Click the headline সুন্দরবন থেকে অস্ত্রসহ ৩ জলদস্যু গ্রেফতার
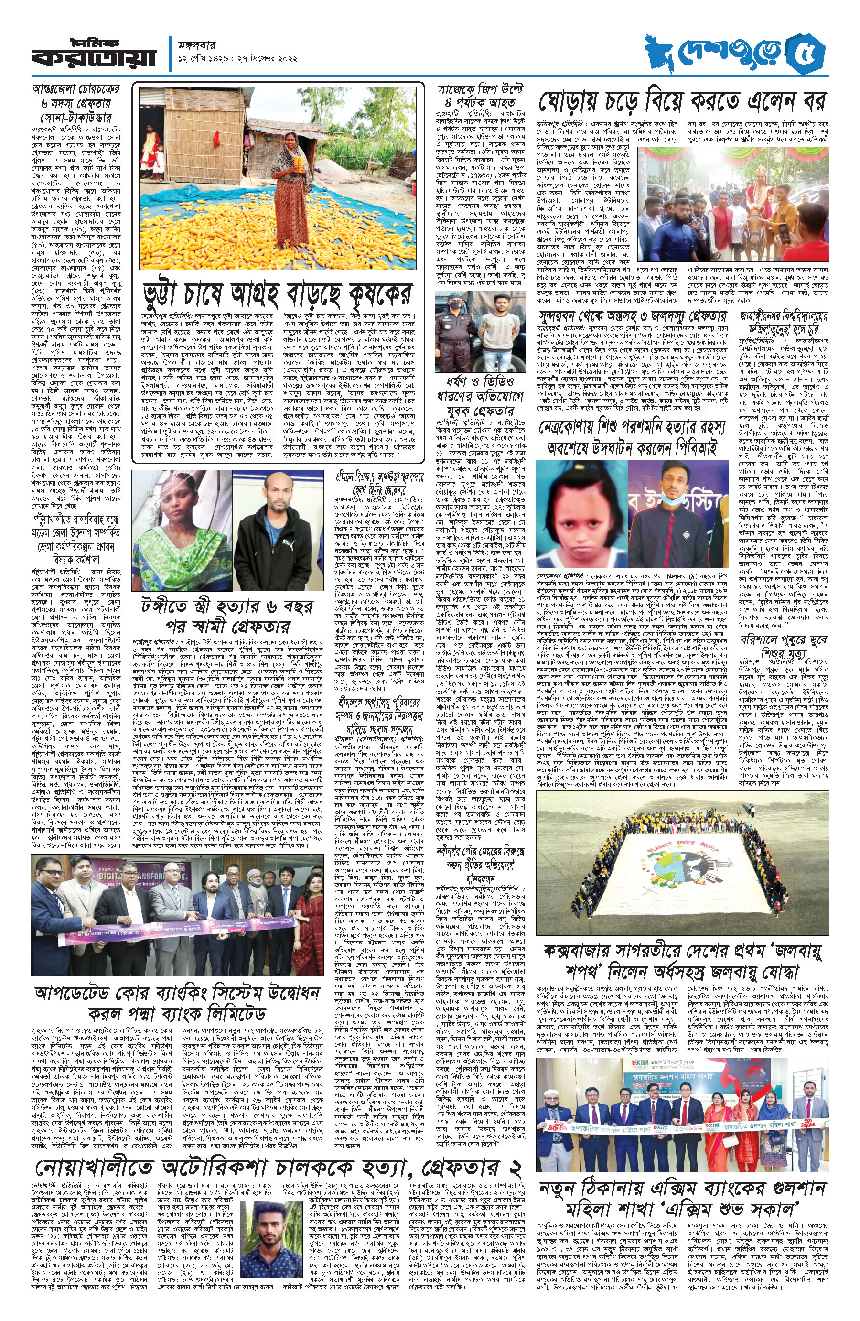pyautogui.click(x=632, y=317)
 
